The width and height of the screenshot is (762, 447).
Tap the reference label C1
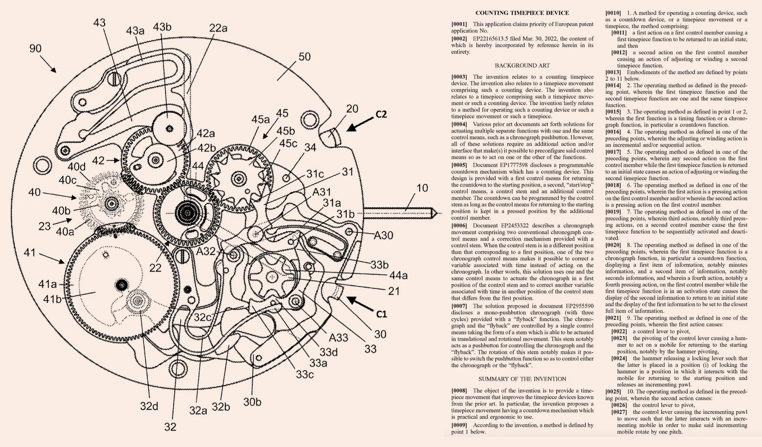382,314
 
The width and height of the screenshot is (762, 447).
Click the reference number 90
35,49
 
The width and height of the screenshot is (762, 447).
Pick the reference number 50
304,57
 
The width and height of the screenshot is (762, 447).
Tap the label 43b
162,27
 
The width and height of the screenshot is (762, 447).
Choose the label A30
383,236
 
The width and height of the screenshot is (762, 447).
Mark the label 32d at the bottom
149,406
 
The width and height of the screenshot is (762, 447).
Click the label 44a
398,276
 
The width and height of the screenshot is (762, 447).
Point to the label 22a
218,28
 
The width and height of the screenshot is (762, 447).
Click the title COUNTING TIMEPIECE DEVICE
522,13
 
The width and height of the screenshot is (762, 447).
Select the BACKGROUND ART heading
522,65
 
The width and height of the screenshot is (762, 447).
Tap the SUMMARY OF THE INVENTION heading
522,379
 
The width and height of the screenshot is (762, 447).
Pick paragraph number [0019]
613,212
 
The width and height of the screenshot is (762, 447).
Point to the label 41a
48,284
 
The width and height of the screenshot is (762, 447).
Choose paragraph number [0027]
619,412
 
